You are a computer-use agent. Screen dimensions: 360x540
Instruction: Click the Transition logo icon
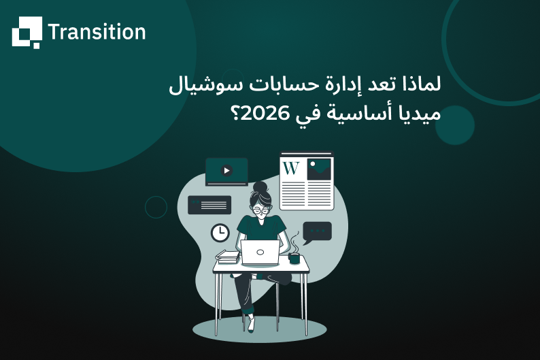click(x=27, y=32)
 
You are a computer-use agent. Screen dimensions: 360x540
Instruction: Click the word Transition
click(x=97, y=32)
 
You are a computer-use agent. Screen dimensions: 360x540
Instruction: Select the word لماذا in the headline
click(x=420, y=86)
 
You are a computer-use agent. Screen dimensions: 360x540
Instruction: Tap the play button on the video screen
click(x=226, y=171)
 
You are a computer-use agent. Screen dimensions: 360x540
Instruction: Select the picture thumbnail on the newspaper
click(x=318, y=169)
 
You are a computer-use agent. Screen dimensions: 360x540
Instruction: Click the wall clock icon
click(x=220, y=233)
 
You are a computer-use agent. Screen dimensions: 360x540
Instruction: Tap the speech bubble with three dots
click(x=317, y=232)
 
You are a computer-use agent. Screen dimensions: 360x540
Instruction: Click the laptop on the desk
click(x=260, y=252)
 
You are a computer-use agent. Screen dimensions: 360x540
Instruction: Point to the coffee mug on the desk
click(x=294, y=258)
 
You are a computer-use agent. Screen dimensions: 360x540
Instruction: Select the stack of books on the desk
click(x=228, y=257)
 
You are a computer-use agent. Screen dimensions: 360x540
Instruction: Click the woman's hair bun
click(x=259, y=186)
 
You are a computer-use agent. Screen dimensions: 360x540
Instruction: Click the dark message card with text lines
click(x=209, y=204)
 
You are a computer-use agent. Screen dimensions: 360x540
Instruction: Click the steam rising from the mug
click(x=294, y=242)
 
